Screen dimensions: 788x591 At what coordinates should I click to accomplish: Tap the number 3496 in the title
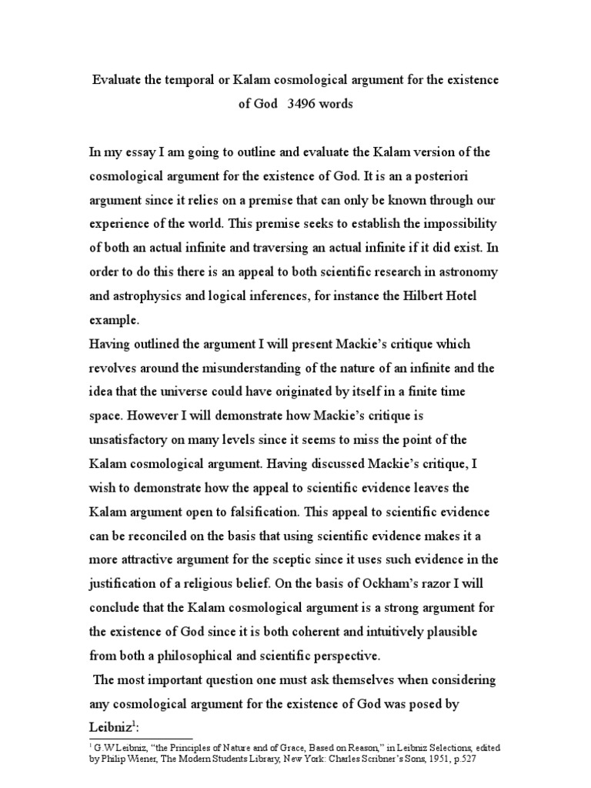click(x=302, y=104)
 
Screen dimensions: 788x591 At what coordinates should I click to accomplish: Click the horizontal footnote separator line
click(x=141, y=717)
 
